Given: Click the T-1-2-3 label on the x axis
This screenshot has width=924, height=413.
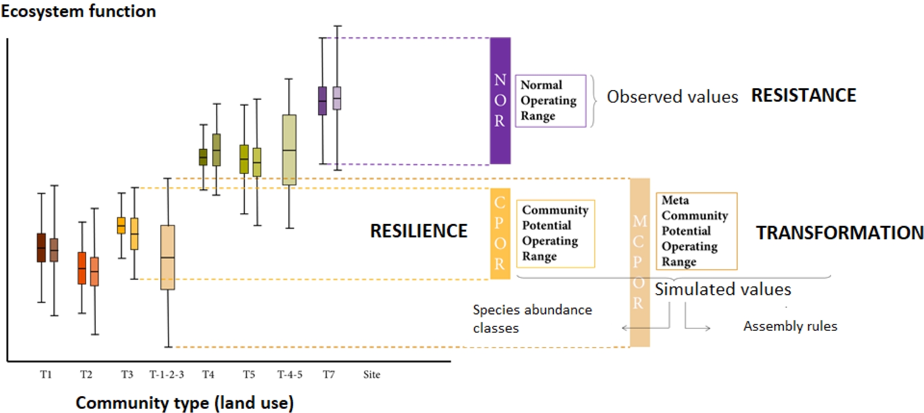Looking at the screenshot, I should pyautogui.click(x=167, y=374).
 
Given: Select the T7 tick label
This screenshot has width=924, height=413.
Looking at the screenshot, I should pyautogui.click(x=329, y=374).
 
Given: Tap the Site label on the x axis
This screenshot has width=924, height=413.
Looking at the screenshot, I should pyautogui.click(x=372, y=374).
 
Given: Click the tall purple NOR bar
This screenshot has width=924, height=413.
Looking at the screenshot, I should pyautogui.click(x=500, y=101).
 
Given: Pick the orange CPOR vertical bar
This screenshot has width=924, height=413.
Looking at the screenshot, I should pyautogui.click(x=500, y=233).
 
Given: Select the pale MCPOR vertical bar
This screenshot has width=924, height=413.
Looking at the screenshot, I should pyautogui.click(x=640, y=262).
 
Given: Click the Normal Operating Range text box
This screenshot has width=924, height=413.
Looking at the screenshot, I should pyautogui.click(x=551, y=101).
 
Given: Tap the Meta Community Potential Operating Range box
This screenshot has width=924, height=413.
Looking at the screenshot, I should pyautogui.click(x=696, y=231).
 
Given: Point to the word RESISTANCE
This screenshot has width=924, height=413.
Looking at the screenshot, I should pyautogui.click(x=804, y=95).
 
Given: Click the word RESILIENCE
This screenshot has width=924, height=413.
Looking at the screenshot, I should pyautogui.click(x=418, y=231).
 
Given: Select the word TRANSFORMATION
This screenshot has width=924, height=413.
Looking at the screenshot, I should pyautogui.click(x=839, y=233).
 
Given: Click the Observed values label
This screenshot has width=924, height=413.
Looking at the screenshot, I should pyautogui.click(x=672, y=97).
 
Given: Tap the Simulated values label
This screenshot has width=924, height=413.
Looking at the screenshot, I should pyautogui.click(x=723, y=289).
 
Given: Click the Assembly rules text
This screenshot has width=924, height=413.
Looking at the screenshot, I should pyautogui.click(x=790, y=326).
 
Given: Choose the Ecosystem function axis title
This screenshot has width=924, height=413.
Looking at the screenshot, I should pyautogui.click(x=78, y=11).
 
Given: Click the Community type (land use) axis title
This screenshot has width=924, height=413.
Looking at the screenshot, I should pyautogui.click(x=185, y=403).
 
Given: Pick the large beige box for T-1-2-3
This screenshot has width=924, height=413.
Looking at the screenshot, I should pyautogui.click(x=167, y=257).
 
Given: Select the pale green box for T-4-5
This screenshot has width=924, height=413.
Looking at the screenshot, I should pyautogui.click(x=289, y=150).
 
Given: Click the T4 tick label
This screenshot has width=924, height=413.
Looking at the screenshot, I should pyautogui.click(x=208, y=374).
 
